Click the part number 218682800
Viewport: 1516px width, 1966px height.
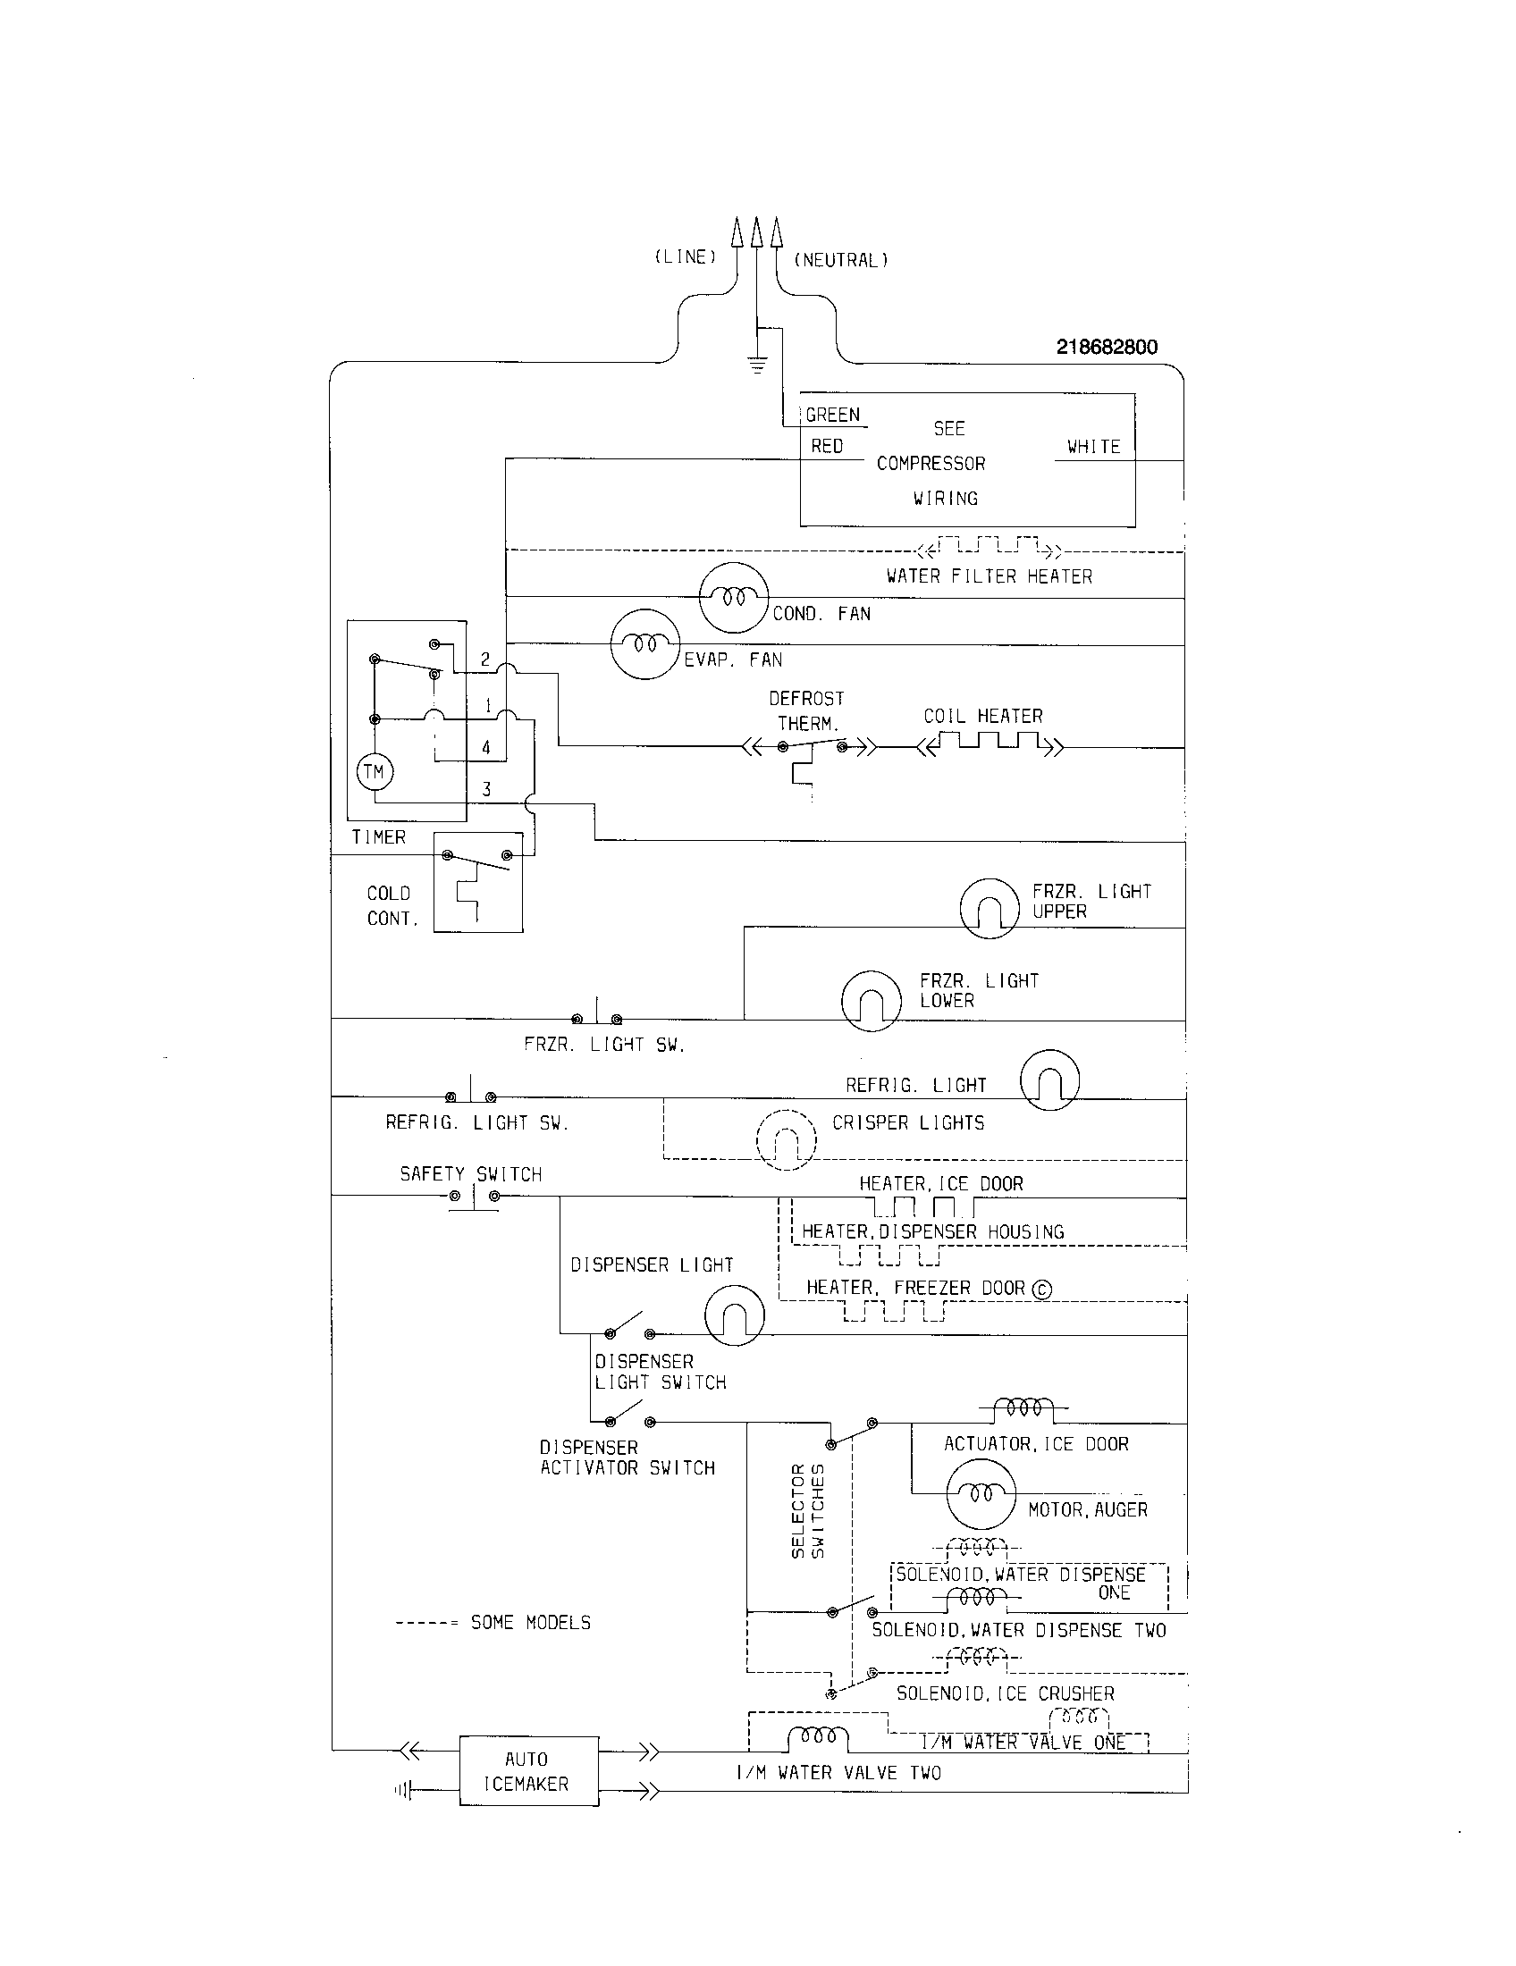click(1107, 348)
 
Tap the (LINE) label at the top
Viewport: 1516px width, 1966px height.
click(685, 257)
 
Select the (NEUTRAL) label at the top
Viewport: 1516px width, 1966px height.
click(841, 261)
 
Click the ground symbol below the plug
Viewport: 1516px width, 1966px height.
click(757, 365)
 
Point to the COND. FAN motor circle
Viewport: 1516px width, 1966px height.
click(734, 598)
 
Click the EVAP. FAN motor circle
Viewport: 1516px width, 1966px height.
click(644, 645)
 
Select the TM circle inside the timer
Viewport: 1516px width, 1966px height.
click(375, 771)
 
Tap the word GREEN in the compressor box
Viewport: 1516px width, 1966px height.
click(833, 415)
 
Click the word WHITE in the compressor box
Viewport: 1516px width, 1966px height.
click(1093, 447)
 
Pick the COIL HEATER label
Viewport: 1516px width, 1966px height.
click(983, 717)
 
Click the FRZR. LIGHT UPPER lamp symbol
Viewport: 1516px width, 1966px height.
click(990, 908)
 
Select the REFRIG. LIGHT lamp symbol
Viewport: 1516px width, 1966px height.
click(1049, 1080)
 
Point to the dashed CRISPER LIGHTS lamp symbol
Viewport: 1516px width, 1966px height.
click(786, 1141)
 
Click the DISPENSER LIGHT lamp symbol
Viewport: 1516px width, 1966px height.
click(735, 1316)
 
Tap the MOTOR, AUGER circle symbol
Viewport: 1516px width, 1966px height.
click(981, 1494)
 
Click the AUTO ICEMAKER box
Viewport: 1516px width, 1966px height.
click(528, 1770)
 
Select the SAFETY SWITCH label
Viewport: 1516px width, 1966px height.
click(471, 1175)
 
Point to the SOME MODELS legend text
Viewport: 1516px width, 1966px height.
click(530, 1623)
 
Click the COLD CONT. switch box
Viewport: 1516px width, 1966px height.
click(478, 882)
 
